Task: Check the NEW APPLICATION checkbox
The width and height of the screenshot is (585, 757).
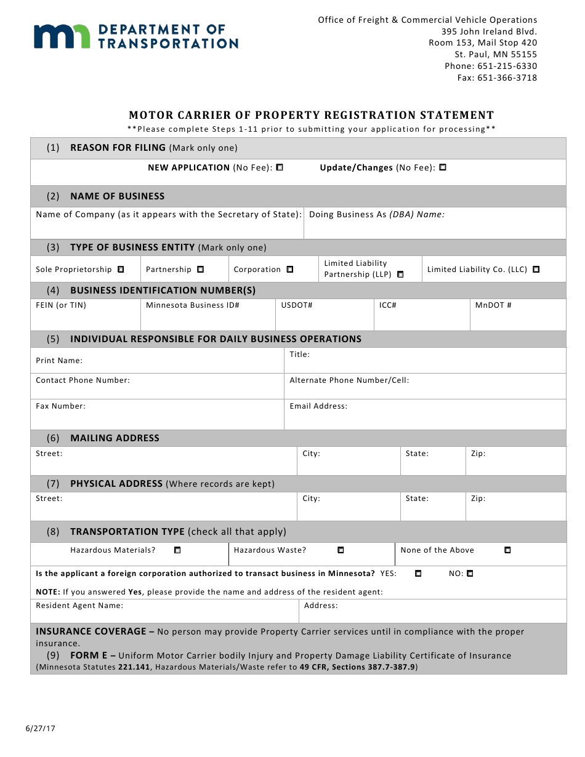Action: [280, 167]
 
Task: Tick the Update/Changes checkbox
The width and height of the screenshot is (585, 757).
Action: [443, 167]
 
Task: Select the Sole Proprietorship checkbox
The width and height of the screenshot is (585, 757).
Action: [121, 270]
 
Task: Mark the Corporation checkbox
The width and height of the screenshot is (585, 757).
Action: [290, 270]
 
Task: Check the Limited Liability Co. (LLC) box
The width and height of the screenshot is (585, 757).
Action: [536, 270]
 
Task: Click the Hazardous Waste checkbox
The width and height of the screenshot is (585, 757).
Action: [341, 550]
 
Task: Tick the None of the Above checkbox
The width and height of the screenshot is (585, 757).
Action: [507, 550]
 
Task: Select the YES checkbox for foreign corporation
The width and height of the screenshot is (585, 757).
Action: [418, 574]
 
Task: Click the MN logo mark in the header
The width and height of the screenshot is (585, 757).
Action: [62, 36]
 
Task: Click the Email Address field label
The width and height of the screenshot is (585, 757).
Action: [318, 406]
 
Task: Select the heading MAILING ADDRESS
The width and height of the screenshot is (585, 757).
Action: [115, 438]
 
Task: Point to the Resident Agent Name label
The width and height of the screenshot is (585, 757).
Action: [79, 606]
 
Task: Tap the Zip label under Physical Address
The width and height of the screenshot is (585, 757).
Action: [478, 499]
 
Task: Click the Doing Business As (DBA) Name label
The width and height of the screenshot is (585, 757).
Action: [376, 215]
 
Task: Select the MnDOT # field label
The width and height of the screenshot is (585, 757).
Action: [493, 305]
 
